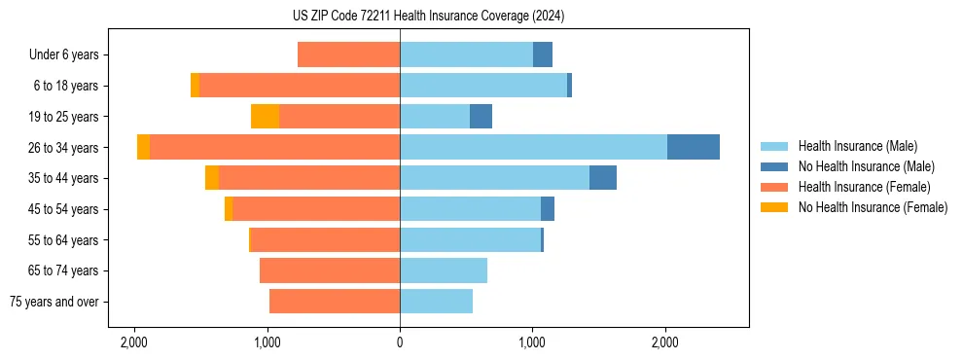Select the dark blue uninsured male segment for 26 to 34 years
(693, 147)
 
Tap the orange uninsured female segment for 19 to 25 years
(265, 117)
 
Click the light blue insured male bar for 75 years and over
(436, 302)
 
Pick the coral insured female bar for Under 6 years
(348, 54)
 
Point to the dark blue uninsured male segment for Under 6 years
(542, 54)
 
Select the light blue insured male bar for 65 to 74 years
(444, 270)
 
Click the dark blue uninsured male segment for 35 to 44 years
(602, 178)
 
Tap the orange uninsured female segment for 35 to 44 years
(212, 178)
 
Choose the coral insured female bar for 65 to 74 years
(330, 270)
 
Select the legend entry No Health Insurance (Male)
(866, 166)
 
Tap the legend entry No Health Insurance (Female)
(873, 207)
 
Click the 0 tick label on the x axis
(400, 342)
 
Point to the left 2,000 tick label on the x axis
(133, 342)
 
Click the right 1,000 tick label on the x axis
(532, 342)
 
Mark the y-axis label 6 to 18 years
(66, 86)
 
